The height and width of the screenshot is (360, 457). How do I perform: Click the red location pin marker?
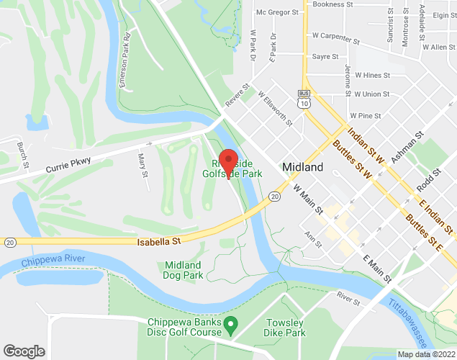(229, 162)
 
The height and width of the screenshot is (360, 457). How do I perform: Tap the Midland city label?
(302, 167)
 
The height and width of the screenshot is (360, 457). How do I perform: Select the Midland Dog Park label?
(183, 270)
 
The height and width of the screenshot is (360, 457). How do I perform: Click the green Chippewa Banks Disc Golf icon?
(231, 326)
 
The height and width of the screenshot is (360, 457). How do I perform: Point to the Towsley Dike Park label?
(285, 328)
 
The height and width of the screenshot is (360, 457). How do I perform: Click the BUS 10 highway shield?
(306, 99)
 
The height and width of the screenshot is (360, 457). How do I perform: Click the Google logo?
(24, 351)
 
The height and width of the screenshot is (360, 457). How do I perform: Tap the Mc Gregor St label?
(277, 12)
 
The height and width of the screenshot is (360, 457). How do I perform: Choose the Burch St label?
(24, 155)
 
